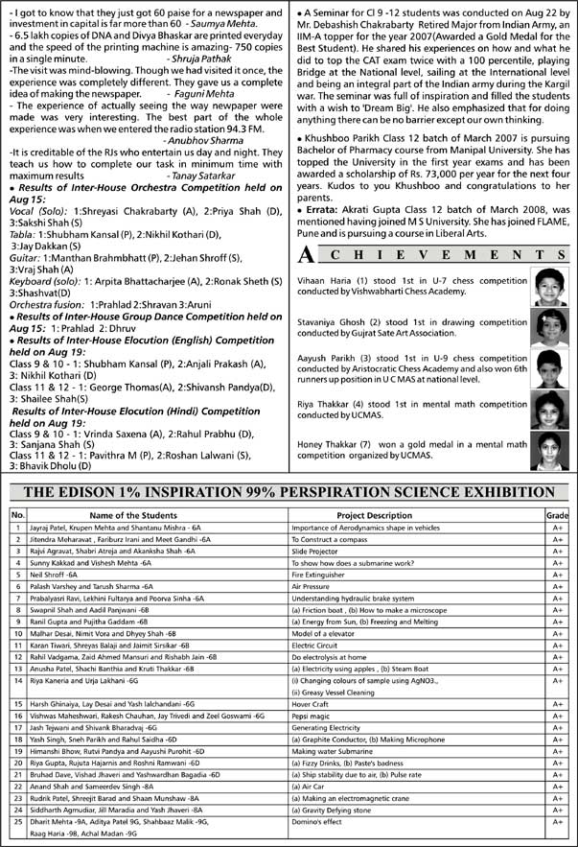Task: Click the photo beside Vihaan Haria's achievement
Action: pos(550,285)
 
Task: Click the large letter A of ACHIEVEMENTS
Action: pos(305,255)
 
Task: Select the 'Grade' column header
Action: pos(557,515)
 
